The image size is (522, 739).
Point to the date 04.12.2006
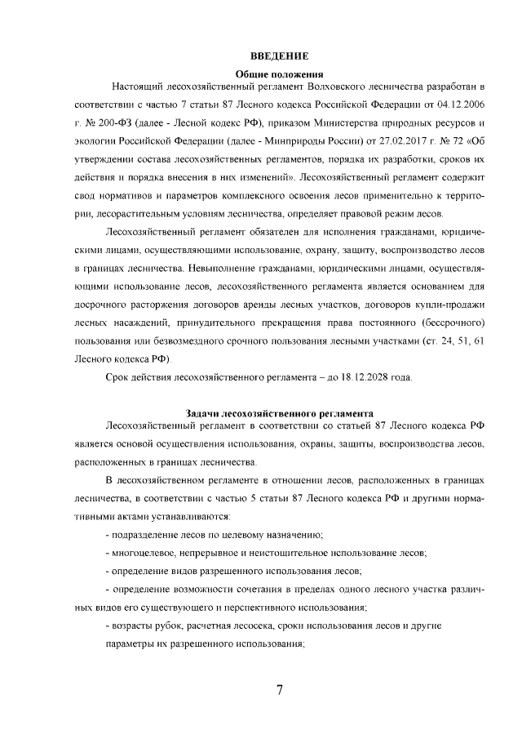(460, 105)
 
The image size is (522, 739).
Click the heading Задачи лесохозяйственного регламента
(279, 413)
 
